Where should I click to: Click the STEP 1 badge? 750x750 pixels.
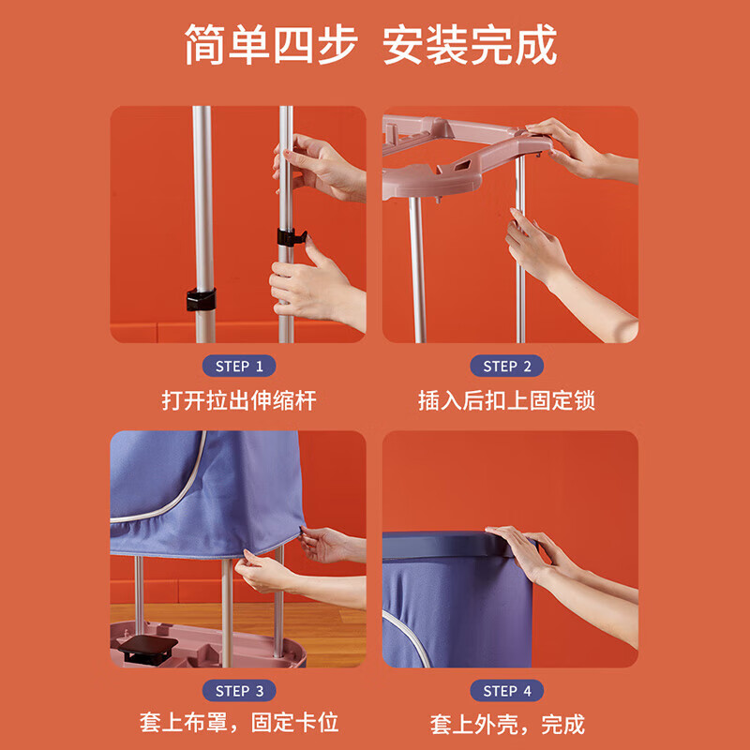pos(239,366)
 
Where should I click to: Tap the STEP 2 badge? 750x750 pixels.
pos(506,366)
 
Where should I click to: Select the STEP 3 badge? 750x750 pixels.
pos(239,691)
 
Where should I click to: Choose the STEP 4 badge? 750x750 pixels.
pos(506,691)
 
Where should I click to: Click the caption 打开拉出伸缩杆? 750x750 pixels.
pos(239,400)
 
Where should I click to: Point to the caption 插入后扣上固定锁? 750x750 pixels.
pos(506,400)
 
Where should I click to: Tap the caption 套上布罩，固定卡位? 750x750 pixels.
pos(239,723)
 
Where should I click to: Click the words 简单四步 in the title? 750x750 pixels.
pos(271,44)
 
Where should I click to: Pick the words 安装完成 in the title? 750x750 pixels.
pos(470,44)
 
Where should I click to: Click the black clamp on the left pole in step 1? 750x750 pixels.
pos(201,299)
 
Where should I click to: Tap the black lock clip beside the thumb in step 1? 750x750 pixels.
pos(292,237)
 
